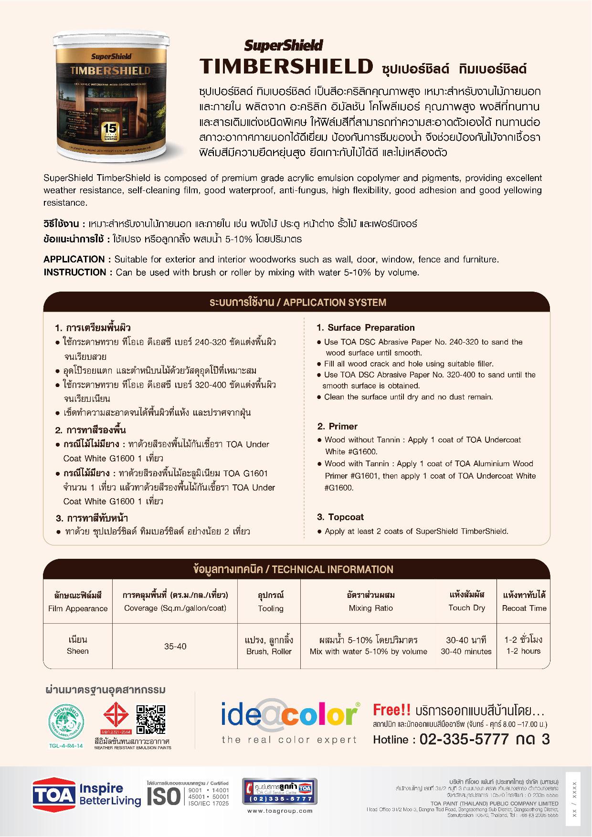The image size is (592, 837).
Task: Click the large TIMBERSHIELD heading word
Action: coord(285,67)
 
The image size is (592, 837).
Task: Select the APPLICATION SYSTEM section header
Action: coord(298,303)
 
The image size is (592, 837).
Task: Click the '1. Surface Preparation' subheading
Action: coord(365,328)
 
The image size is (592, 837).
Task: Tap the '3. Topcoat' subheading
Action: coord(340,517)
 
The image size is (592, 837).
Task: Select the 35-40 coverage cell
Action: coord(175,647)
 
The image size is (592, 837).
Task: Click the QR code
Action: coord(150,719)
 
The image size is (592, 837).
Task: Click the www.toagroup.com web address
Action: coord(280,810)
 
